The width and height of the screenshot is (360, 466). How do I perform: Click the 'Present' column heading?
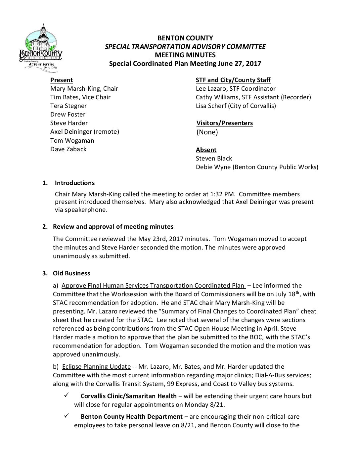pyautogui.click(x=61, y=80)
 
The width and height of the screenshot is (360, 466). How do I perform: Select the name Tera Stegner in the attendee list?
pyautogui.click(x=68, y=106)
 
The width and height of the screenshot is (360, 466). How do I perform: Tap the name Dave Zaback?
pyautogui.click(x=68, y=149)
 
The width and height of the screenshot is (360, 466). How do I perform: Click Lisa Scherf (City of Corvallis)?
pyautogui.click(x=236, y=106)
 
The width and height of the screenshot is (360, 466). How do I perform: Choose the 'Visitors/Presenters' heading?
pyautogui.click(x=224, y=123)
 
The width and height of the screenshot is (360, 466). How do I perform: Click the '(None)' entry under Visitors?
pyautogui.click(x=207, y=132)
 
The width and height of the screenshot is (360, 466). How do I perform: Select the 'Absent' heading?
pyautogui.click(x=206, y=150)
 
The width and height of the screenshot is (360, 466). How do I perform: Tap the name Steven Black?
pyautogui.click(x=214, y=159)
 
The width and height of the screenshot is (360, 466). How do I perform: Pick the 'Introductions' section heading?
pyautogui.click(x=74, y=183)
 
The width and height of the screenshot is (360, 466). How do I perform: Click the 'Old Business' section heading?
pyautogui.click(x=71, y=273)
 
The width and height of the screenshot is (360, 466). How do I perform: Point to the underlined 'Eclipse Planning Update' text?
pyautogui.click(x=96, y=367)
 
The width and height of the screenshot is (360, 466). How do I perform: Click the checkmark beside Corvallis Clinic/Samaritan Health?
pyautogui.click(x=66, y=396)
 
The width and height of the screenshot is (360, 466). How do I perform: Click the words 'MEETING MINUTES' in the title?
pyautogui.click(x=185, y=55)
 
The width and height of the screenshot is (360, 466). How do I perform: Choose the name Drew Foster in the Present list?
pyautogui.click(x=68, y=115)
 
